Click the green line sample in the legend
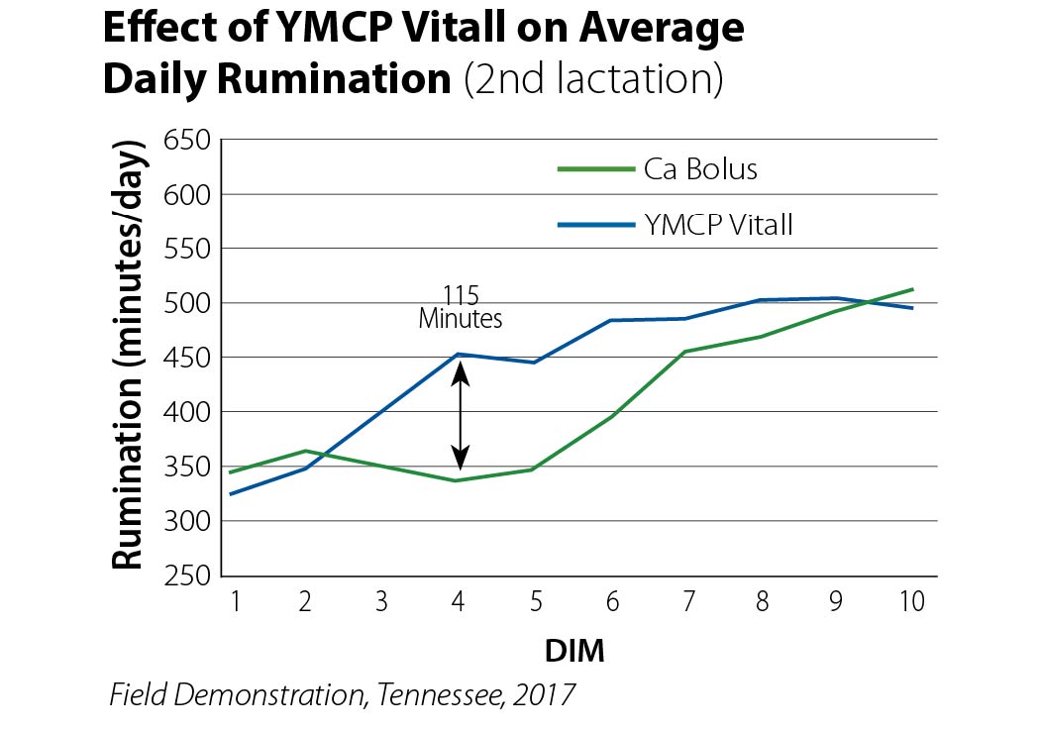tap(595, 169)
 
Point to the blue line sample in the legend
tap(595, 225)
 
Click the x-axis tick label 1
tap(236, 601)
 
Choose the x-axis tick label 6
tap(610, 601)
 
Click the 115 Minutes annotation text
tap(461, 308)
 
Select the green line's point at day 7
tap(685, 352)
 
